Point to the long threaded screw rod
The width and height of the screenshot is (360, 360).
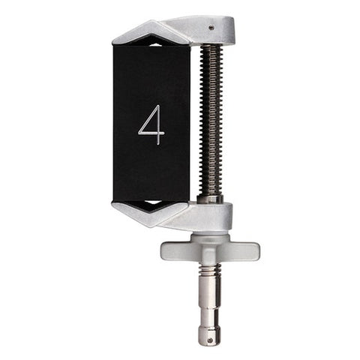[211, 120]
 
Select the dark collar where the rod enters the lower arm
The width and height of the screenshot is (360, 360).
[211, 199]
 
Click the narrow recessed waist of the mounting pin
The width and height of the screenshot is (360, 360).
[210, 315]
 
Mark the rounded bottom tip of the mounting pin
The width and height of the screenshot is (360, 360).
[210, 341]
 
